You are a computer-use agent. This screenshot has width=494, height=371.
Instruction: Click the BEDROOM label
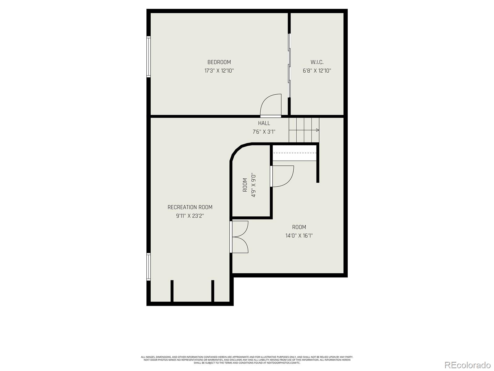219,62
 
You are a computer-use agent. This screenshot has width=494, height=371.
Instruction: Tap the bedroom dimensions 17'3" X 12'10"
219,70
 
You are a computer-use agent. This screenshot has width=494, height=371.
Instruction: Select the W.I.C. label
317,62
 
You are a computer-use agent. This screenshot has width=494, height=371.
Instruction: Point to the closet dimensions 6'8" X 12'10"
317,70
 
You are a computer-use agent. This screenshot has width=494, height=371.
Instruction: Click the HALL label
264,123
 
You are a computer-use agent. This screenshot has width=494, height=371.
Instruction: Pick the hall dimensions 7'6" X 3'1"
264,132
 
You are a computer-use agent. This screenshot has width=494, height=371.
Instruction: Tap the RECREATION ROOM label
190,207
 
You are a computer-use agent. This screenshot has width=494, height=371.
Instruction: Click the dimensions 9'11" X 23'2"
190,216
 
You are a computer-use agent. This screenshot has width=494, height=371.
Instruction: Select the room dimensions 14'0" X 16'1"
299,236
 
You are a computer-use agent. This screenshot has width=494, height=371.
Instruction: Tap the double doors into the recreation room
240,237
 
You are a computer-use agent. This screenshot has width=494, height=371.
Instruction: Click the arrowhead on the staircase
317,130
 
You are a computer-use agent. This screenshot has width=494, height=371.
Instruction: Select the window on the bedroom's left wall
149,56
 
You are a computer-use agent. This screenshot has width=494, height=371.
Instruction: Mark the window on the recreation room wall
149,267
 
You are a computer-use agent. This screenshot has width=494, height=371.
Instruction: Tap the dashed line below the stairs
295,153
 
